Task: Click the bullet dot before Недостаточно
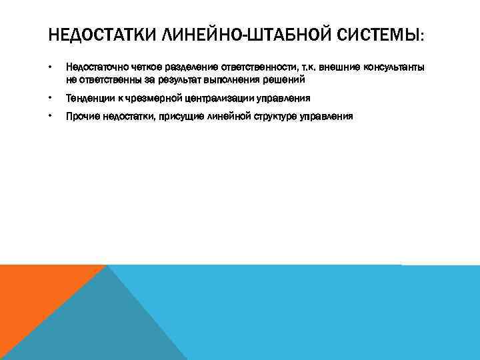click(x=51, y=67)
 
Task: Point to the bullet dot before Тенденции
click(x=51, y=98)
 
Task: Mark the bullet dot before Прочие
click(x=51, y=116)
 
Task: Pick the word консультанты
click(x=389, y=67)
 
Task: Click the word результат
click(x=177, y=79)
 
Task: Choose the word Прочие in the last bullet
click(x=80, y=116)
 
